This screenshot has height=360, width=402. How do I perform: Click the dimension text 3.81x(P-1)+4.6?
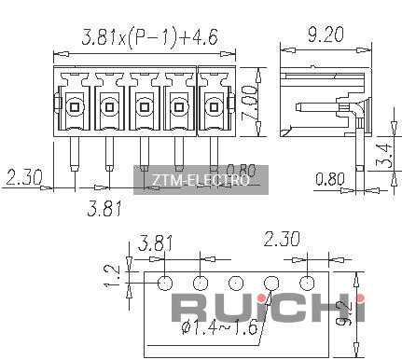click(149, 37)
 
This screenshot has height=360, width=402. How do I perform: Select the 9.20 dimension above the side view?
click(326, 35)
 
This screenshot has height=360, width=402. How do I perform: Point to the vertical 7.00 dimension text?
click(249, 103)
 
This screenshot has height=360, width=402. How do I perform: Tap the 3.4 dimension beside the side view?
click(384, 155)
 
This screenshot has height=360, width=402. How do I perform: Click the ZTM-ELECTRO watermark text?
click(201, 180)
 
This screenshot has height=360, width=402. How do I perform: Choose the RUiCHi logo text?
click(268, 307)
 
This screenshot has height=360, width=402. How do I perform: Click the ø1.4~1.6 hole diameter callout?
click(220, 327)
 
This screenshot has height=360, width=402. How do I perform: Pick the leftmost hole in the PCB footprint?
click(165, 283)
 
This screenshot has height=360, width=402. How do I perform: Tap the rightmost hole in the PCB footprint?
click(307, 283)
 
